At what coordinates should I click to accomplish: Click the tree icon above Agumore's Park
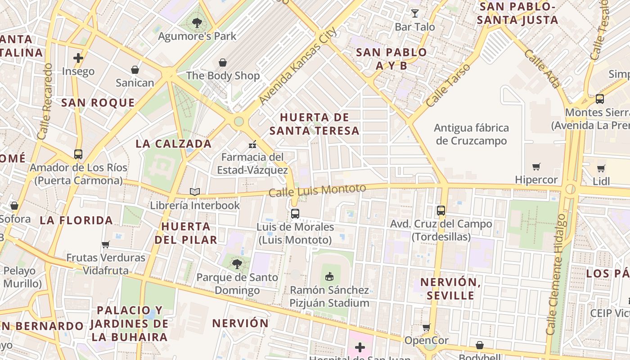[197, 22]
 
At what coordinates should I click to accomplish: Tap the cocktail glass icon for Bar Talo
[414, 13]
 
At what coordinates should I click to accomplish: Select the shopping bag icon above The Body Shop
[223, 62]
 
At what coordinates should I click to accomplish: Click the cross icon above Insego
[78, 58]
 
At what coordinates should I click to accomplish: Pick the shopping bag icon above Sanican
[135, 69]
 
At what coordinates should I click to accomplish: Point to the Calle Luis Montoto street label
[317, 190]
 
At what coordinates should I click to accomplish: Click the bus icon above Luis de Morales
[295, 214]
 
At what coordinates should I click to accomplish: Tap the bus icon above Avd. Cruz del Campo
[441, 210]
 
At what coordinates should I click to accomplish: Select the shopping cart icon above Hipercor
[536, 167]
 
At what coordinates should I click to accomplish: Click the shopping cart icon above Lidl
[601, 168]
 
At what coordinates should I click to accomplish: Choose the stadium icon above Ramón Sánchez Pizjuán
[329, 276]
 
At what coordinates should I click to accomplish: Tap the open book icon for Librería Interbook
[195, 192]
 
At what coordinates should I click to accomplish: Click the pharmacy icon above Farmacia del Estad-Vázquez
[252, 144]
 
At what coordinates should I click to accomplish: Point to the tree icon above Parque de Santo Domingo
[237, 264]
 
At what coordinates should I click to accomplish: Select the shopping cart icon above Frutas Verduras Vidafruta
[106, 244]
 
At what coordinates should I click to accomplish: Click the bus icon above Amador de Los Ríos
[78, 154]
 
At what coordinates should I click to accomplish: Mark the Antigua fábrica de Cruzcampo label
[471, 134]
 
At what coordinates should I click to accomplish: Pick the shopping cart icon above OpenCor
[426, 327]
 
